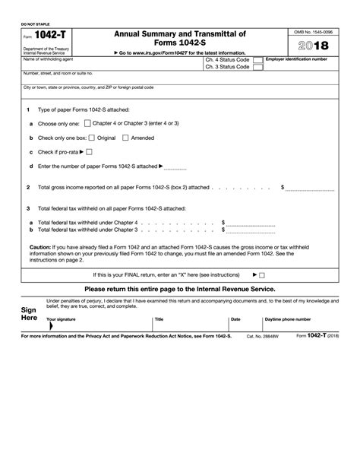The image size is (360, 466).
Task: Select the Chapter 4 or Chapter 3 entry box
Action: pos(88,122)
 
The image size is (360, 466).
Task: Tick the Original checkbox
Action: pos(92,138)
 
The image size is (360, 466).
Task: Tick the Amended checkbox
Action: pos(126,138)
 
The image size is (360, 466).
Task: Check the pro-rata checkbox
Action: pos(90,151)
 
